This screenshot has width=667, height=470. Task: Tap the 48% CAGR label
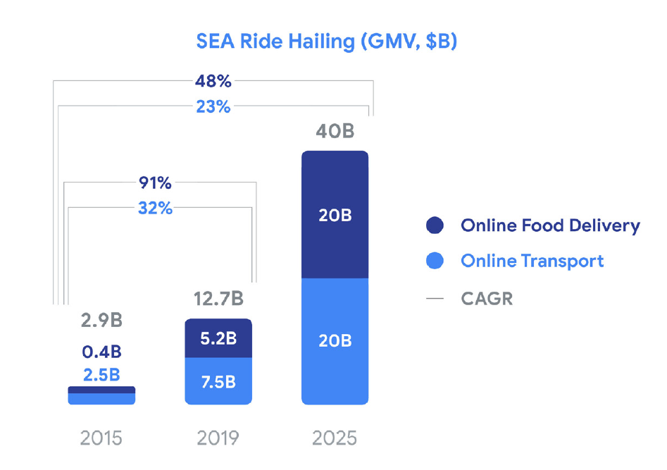[213, 81]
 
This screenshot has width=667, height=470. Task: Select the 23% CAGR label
[213, 107]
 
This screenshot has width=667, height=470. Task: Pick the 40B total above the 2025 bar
[334, 132]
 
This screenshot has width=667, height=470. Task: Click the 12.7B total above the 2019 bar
[218, 299]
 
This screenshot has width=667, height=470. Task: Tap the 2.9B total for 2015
[101, 321]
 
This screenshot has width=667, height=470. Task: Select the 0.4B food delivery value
[101, 351]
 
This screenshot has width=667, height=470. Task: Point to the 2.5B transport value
[101, 374]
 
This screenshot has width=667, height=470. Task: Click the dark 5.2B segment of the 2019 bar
[218, 339]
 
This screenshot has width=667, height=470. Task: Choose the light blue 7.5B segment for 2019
[218, 382]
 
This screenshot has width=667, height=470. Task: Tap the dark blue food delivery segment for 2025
[335, 215]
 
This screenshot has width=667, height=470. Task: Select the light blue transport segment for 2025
[335, 341]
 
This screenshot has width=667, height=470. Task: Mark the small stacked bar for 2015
[101, 395]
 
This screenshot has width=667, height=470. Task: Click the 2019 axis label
[218, 438]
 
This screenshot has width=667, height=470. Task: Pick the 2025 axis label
[335, 438]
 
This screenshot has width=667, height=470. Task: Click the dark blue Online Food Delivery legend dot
[435, 225]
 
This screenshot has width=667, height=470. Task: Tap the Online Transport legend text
[532, 261]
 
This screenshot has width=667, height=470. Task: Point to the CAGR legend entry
[486, 298]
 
